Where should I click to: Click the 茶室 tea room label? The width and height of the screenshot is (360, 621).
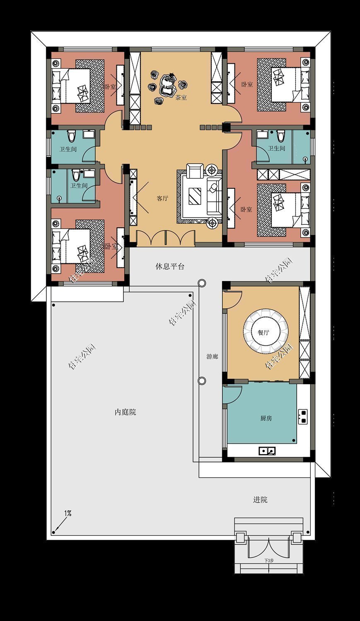click(x=181, y=98)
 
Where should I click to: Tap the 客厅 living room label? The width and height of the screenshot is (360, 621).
click(x=162, y=198)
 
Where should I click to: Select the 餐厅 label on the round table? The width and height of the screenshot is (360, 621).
click(x=263, y=332)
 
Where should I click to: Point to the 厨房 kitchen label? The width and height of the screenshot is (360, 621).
click(x=266, y=418)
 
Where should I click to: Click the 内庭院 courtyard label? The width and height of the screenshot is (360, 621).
click(x=125, y=412)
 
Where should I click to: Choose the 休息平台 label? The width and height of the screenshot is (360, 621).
click(x=170, y=266)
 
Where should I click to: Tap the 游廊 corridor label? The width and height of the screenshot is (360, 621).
click(x=212, y=356)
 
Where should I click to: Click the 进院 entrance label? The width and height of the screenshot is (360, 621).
click(x=260, y=500)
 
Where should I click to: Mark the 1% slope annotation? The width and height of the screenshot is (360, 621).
click(x=68, y=513)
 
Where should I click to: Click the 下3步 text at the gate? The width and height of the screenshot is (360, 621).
click(x=269, y=561)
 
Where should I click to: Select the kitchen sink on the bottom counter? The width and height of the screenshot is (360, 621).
click(x=267, y=450)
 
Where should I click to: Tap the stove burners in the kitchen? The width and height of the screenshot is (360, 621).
click(x=303, y=416)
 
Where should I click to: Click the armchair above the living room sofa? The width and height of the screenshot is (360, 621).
click(x=195, y=171)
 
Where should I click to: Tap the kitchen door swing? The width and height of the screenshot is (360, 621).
click(x=231, y=395)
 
